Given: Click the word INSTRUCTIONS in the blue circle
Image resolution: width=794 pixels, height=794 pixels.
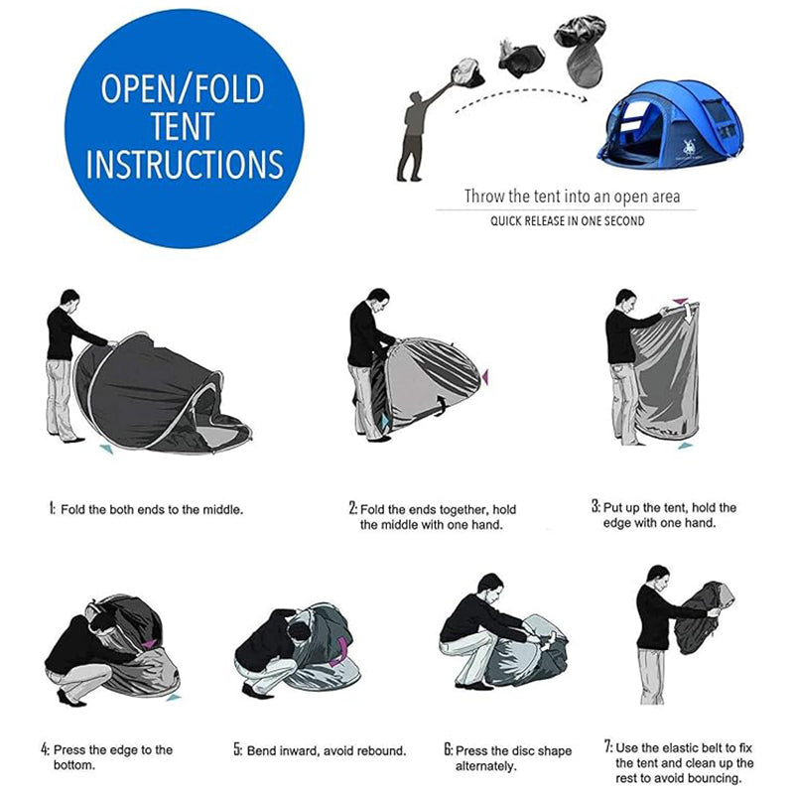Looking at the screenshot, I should pos(184,163).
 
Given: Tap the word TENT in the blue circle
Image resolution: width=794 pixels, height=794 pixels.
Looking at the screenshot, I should pos(184,126).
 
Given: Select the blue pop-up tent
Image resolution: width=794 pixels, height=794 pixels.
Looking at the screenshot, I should pos(651,124).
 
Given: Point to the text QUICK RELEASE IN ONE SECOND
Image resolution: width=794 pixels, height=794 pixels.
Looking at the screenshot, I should pos(567,221).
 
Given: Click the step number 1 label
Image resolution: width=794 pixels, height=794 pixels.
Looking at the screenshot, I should pos(51,508).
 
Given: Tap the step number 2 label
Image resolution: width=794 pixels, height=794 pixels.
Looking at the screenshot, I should pos(352,508).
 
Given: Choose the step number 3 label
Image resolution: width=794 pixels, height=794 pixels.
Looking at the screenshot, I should pos(595,506).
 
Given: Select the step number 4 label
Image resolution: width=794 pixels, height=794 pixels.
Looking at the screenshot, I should pos(45,749).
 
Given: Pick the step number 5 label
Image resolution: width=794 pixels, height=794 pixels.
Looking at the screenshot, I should pos(238,750).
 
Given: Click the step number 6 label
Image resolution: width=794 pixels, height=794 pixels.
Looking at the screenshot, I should pos(449,750).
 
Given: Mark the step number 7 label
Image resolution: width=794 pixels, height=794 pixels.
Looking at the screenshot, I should pos(607,745).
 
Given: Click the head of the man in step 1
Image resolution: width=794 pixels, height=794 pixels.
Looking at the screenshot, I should pos(67,299).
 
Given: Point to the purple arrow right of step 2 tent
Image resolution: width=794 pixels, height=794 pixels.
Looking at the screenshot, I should pos(486,376).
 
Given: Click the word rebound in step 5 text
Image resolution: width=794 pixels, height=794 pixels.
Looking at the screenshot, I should pos(380,751).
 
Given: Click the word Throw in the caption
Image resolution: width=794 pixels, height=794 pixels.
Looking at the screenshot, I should pos(483,197).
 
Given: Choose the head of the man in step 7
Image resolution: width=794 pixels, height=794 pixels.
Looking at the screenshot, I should pos(656,576).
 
